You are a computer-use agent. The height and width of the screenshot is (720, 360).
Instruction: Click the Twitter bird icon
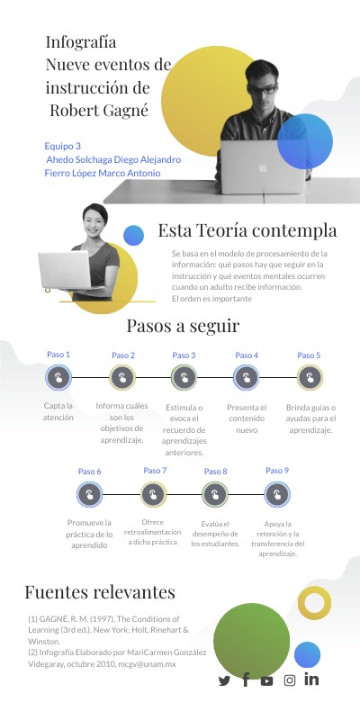[224, 680]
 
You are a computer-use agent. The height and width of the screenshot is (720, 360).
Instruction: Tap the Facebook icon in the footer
[246, 679]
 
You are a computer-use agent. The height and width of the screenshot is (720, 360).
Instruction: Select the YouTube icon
[266, 681]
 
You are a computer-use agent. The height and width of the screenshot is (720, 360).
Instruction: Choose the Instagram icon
[289, 680]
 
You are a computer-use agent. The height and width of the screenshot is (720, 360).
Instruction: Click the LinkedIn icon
[311, 679]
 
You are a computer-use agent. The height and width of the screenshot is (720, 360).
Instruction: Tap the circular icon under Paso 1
[58, 378]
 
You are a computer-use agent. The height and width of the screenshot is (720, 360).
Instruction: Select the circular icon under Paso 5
[310, 378]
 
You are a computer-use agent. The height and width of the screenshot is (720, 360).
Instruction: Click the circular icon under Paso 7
[153, 494]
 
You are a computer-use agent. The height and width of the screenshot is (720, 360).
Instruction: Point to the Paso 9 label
[277, 471]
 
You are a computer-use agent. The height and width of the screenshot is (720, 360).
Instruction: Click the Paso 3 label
[184, 355]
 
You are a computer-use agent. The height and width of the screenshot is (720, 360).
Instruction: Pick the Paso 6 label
[89, 472]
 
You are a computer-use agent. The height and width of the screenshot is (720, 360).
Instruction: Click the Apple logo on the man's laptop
[263, 167]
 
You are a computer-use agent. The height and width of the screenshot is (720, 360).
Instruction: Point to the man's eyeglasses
[262, 89]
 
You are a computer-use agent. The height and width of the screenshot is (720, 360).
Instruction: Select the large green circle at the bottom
[252, 641]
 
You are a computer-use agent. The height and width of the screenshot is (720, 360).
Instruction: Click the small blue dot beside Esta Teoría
[133, 236]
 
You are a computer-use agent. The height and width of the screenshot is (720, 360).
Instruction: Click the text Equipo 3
[62, 147]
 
